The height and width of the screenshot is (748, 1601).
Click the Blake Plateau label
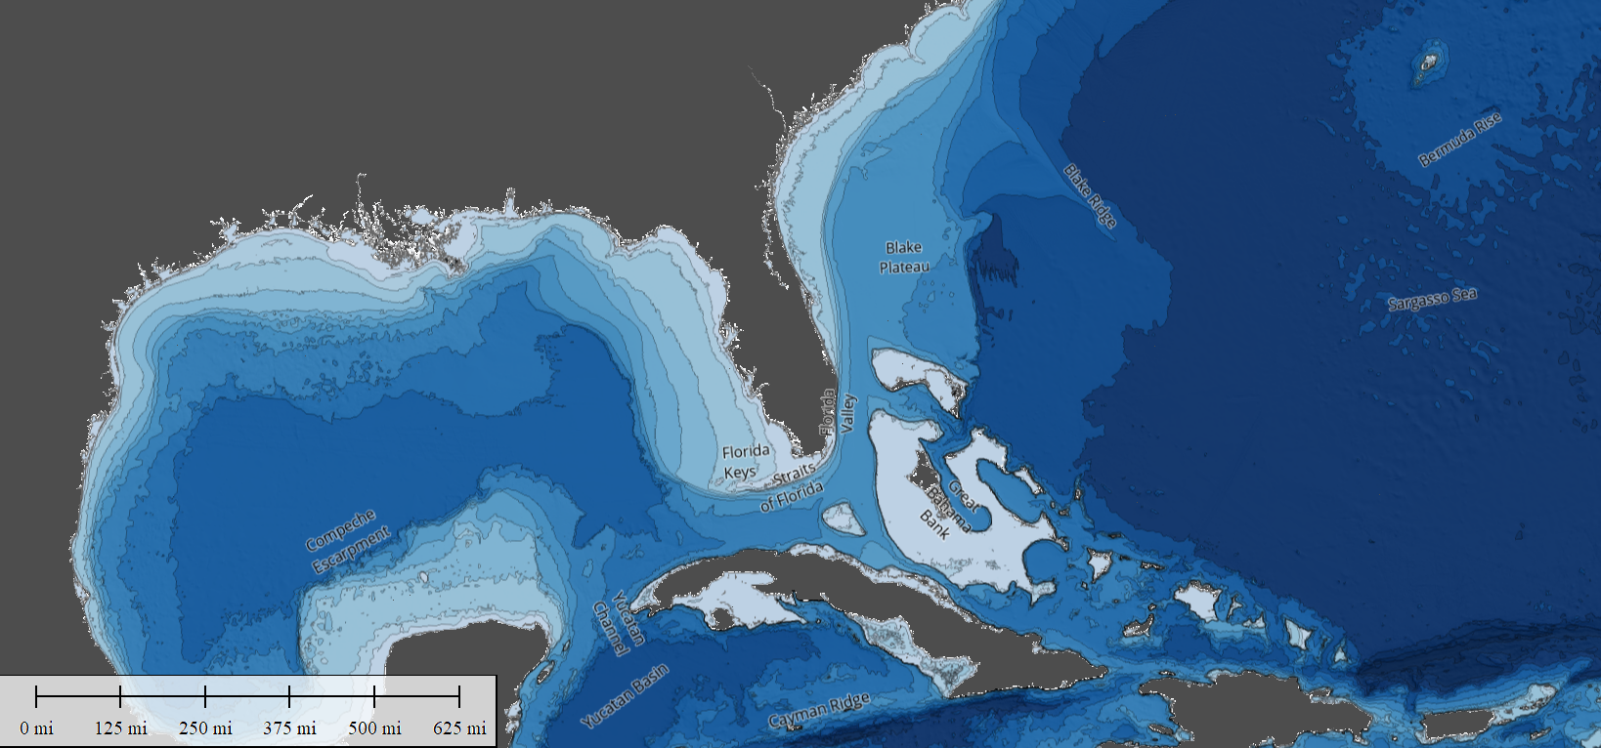[x=904, y=257]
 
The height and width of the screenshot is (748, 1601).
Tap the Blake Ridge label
[x=1090, y=196]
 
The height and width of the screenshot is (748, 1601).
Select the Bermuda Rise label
[x=1459, y=140]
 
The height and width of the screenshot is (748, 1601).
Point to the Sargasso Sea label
[x=1432, y=300]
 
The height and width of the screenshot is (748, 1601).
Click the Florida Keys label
[x=745, y=461]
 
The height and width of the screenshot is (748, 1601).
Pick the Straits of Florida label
[x=793, y=486]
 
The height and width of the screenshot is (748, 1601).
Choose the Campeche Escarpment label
[x=347, y=541]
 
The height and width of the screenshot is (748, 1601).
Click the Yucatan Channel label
[x=618, y=623]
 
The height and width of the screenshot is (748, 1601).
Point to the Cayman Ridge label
[x=818, y=712]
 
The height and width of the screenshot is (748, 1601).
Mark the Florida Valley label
[x=838, y=412]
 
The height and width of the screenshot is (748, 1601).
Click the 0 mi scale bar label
[x=36, y=728]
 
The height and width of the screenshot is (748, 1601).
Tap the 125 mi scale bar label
[x=121, y=728]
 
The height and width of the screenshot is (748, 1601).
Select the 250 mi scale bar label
[x=205, y=728]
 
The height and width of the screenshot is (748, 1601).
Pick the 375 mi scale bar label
[x=290, y=728]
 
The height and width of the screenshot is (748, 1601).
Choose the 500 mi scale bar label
[x=374, y=728]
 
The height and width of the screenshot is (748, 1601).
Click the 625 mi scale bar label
[x=459, y=728]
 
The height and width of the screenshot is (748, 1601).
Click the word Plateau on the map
[x=904, y=267]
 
